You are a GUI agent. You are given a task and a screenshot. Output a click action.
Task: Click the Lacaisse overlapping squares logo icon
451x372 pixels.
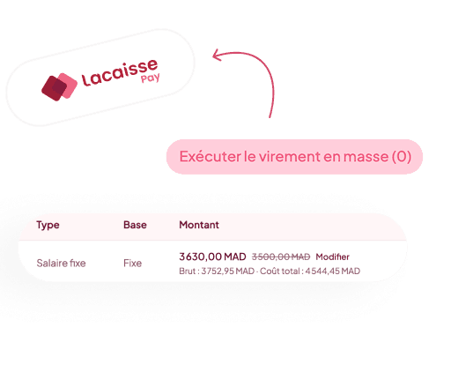(59, 86)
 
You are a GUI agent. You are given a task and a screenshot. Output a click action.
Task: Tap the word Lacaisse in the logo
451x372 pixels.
(120, 72)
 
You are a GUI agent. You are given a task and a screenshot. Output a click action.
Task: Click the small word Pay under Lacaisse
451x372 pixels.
(151, 78)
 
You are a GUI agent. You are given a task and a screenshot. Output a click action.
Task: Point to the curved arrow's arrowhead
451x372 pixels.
(218, 55)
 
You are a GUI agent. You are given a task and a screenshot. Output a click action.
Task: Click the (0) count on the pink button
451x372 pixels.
(402, 156)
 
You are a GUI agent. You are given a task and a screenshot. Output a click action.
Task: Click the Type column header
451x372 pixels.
(48, 226)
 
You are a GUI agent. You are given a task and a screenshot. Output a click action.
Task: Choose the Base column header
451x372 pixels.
(135, 225)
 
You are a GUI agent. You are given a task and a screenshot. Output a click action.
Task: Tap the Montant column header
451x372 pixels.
(199, 225)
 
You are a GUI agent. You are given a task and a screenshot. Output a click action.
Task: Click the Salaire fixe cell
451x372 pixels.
(61, 263)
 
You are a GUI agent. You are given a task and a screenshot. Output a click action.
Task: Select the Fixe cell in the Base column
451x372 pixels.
(132, 263)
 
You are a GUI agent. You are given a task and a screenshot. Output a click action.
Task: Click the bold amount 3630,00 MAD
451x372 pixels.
(212, 257)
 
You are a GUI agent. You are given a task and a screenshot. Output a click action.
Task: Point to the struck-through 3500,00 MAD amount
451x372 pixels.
(281, 257)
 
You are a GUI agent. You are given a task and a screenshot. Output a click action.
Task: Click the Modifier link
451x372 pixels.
(333, 257)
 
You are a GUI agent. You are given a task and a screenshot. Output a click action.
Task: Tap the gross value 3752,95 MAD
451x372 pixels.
(228, 271)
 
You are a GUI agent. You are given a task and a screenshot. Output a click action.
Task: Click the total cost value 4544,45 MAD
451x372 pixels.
(333, 271)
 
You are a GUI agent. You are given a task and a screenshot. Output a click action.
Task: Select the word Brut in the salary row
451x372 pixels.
(188, 271)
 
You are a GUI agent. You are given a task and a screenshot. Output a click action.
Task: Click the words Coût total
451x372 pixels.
(280, 271)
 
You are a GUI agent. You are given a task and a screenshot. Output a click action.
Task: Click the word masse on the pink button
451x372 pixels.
(366, 156)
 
